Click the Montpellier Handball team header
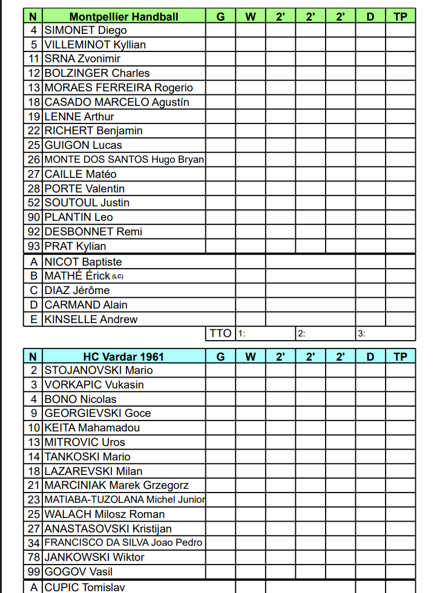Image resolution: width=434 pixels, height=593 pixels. pyautogui.click(x=123, y=16)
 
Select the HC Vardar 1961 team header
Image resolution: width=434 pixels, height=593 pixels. pyautogui.click(x=123, y=356)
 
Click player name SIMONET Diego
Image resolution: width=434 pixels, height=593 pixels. pyautogui.click(x=86, y=30)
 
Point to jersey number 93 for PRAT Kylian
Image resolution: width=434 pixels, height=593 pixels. pyautogui.click(x=33, y=246)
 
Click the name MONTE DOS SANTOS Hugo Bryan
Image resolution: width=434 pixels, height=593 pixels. pyautogui.click(x=124, y=160)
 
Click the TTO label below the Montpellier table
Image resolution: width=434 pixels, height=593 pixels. pyautogui.click(x=220, y=333)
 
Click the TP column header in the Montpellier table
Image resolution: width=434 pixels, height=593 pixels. pyautogui.click(x=400, y=16)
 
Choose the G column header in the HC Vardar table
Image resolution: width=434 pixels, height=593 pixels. pyautogui.click(x=220, y=356)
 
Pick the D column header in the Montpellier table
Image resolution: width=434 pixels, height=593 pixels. pyautogui.click(x=370, y=16)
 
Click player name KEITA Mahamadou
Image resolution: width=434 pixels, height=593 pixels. pyautogui.click(x=92, y=428)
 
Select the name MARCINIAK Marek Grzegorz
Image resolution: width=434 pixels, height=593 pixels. pyautogui.click(x=116, y=485)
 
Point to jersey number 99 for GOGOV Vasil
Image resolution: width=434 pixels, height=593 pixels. pyautogui.click(x=33, y=572)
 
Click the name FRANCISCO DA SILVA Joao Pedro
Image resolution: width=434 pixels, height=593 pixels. pyautogui.click(x=123, y=543)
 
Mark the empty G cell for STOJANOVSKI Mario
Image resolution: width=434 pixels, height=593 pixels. pyautogui.click(x=220, y=370)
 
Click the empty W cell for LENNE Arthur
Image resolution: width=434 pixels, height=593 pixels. pyautogui.click(x=250, y=117)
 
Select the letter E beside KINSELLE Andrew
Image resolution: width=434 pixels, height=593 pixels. pyautogui.click(x=33, y=319)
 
